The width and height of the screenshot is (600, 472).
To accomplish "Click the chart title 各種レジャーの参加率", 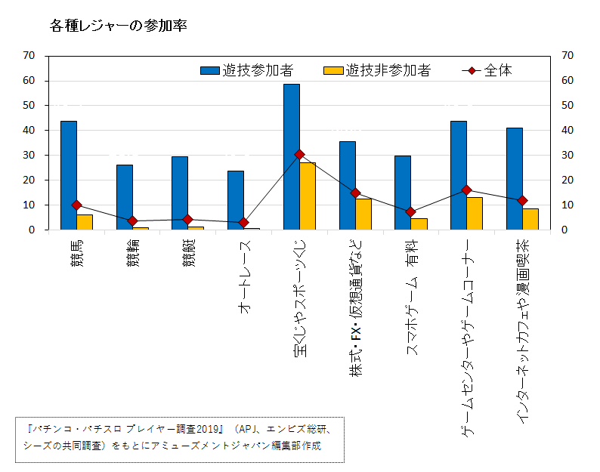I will click(x=118, y=26).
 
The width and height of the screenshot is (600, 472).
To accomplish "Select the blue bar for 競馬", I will click(x=69, y=175).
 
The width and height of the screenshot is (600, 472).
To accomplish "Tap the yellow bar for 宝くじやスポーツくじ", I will click(x=308, y=196).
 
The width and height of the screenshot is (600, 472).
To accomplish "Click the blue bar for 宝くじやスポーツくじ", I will click(x=291, y=157).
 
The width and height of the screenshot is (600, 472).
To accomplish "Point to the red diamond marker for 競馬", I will click(x=76, y=205).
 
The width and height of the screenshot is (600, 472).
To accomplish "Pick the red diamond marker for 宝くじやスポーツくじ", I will click(x=299, y=154).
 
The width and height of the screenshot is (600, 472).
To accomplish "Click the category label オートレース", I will click(x=244, y=276).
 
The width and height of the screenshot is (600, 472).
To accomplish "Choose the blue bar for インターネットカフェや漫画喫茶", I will click(x=514, y=179).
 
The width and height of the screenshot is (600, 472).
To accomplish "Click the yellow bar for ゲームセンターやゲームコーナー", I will click(x=475, y=214).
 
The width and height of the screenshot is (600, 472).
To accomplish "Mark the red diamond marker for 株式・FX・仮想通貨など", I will click(x=355, y=193).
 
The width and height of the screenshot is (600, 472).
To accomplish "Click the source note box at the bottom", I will click(x=179, y=439).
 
